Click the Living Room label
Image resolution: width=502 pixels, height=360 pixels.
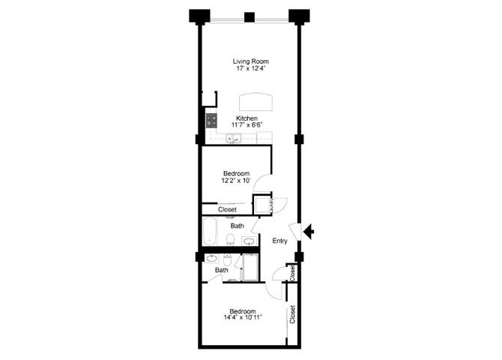[250, 61]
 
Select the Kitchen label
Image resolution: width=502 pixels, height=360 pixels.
[247, 118]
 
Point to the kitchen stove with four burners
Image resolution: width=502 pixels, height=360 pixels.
[212, 119]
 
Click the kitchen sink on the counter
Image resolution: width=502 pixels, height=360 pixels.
[229, 138]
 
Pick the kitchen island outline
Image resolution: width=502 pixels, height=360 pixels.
[256, 101]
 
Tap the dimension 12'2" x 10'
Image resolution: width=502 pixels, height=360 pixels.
[235, 181]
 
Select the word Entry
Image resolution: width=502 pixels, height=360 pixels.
[279, 241]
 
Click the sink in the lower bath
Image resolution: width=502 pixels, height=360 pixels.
[212, 259]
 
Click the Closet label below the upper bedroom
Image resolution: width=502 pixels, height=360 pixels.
[227, 209]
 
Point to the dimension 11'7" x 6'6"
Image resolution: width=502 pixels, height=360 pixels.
[247, 126]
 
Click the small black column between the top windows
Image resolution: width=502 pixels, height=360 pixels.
[250, 16]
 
